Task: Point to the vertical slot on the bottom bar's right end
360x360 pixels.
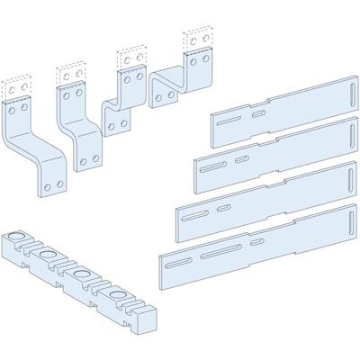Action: [x=345, y=217]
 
